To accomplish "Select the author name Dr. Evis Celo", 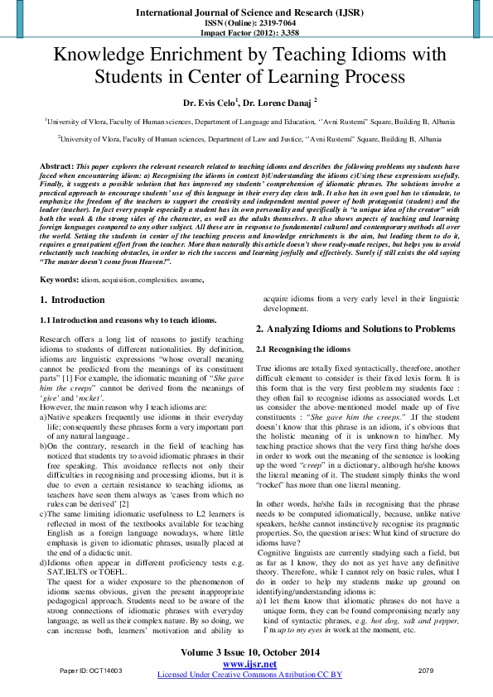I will point(211,102).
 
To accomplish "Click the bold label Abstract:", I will point(56,167).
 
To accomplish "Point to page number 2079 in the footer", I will point(426,669).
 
